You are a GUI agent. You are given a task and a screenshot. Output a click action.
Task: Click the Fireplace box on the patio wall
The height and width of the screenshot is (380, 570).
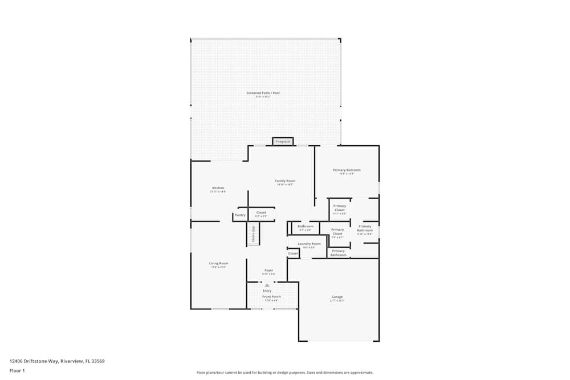283,141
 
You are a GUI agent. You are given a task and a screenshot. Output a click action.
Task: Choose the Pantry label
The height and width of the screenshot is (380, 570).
240,215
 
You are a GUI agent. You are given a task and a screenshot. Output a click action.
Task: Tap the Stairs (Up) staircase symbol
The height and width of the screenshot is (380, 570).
253,234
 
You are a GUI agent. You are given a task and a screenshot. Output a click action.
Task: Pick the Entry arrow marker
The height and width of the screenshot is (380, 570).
267,285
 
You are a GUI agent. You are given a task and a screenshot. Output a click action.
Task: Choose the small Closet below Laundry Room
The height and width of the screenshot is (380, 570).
292,254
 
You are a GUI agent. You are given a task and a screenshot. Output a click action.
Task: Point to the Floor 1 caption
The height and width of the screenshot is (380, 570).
17,370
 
